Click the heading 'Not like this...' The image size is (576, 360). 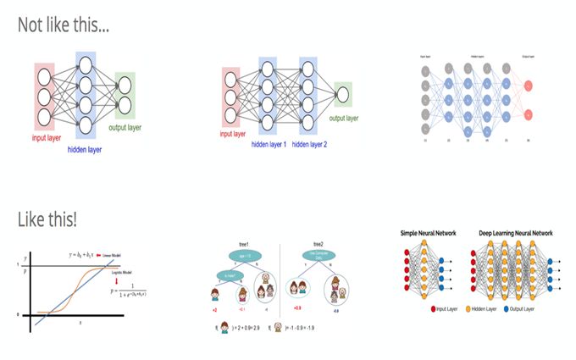click(64, 25)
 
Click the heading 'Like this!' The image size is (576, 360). click(47, 219)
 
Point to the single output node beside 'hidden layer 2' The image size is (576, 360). click(342, 92)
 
